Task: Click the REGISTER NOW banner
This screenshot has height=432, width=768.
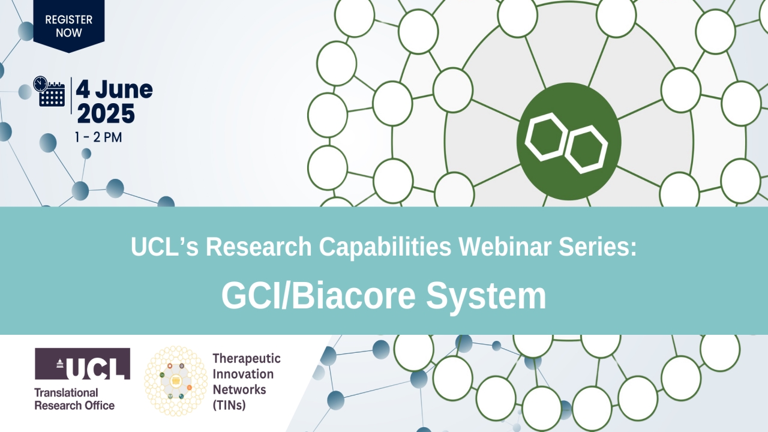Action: click(69, 26)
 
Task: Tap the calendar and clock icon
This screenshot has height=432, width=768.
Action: click(50, 92)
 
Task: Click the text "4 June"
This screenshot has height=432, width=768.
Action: click(114, 90)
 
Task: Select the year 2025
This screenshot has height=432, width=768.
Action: click(106, 113)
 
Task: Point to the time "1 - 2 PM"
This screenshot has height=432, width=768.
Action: click(98, 137)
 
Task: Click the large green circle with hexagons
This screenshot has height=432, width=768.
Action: click(568, 141)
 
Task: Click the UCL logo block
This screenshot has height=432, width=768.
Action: click(82, 364)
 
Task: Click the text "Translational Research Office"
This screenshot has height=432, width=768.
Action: click(74, 399)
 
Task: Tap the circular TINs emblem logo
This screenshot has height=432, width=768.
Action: click(176, 381)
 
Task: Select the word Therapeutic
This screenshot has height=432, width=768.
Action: click(247, 359)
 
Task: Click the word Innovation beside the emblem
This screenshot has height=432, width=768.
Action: click(243, 374)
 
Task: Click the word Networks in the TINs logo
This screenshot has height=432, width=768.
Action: click(239, 390)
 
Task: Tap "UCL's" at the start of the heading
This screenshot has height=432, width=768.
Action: click(164, 247)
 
